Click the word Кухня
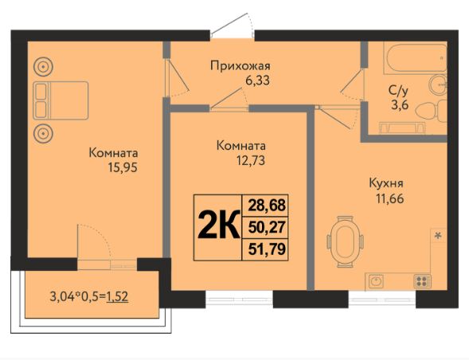pos(385,182)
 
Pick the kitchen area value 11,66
pos(385,197)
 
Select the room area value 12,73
pos(240,161)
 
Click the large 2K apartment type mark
pos(217,227)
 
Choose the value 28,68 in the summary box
pos(265,205)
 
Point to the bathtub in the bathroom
pos(407,60)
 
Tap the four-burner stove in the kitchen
pos(422,280)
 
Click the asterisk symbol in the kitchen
pos(437,235)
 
